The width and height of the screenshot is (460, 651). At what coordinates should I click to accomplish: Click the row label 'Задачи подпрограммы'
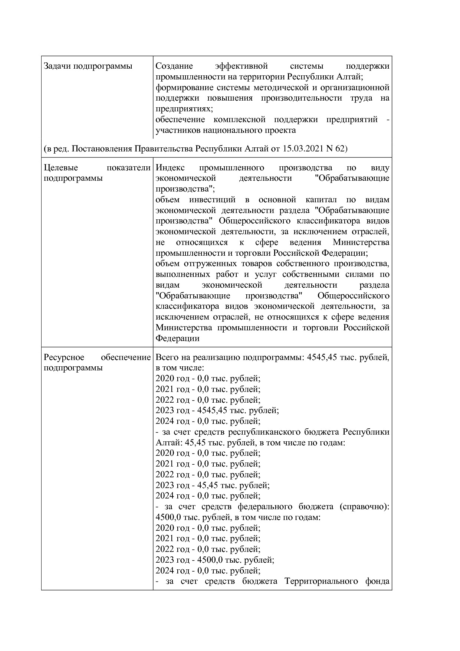[88, 66]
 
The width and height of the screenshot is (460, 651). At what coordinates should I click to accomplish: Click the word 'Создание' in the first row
[174, 66]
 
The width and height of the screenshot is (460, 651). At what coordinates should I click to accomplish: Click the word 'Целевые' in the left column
[60, 168]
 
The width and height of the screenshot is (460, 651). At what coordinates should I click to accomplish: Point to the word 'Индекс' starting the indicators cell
[170, 168]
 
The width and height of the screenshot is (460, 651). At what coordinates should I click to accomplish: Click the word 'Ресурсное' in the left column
[64, 357]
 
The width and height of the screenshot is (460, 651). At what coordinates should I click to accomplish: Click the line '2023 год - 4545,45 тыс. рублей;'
[217, 410]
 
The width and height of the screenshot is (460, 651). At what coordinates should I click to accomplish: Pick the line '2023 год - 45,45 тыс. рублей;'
[212, 485]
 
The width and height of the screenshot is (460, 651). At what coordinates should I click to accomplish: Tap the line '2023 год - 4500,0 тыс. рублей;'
[214, 560]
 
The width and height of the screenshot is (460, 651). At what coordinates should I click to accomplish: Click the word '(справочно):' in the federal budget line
[364, 507]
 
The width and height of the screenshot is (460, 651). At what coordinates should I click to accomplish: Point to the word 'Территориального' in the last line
[316, 581]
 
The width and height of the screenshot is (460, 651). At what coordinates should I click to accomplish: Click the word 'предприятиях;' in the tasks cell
[184, 109]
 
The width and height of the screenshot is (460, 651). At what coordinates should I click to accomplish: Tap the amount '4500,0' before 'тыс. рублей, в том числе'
[168, 517]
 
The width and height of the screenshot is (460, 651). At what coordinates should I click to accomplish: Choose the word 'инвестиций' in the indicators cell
[212, 200]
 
